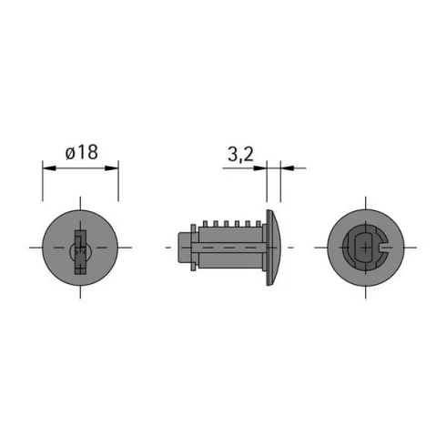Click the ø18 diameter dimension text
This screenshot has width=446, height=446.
tap(82, 152)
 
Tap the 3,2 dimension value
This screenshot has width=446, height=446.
tap(240, 155)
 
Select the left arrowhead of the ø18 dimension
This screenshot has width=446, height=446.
tap(49, 168)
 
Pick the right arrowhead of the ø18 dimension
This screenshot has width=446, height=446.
tap(111, 168)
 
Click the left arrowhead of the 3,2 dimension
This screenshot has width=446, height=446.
tap(260, 168)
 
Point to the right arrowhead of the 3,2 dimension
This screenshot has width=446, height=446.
tap(288, 168)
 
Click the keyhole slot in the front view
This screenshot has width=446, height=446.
tap(80, 252)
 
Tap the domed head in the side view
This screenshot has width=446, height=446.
tap(274, 248)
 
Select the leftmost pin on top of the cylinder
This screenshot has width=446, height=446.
tap(205, 224)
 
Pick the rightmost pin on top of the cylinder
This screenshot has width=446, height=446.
tap(258, 224)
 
